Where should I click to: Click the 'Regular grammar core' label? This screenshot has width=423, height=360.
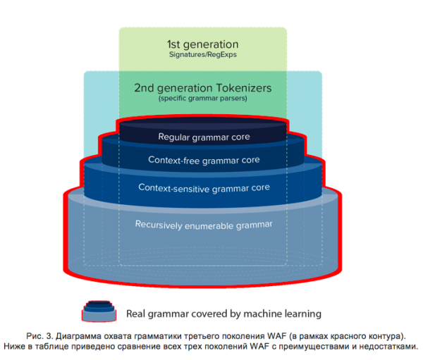pyautogui.click(x=204, y=136)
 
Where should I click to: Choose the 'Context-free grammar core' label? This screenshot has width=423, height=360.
pyautogui.click(x=204, y=160)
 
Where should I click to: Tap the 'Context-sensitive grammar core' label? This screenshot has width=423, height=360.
pyautogui.click(x=204, y=188)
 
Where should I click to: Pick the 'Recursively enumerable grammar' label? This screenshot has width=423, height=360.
pyautogui.click(x=204, y=225)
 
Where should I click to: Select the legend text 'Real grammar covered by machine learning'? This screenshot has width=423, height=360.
pyautogui.click(x=223, y=314)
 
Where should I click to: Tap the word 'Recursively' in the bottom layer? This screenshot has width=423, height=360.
pyautogui.click(x=161, y=225)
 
